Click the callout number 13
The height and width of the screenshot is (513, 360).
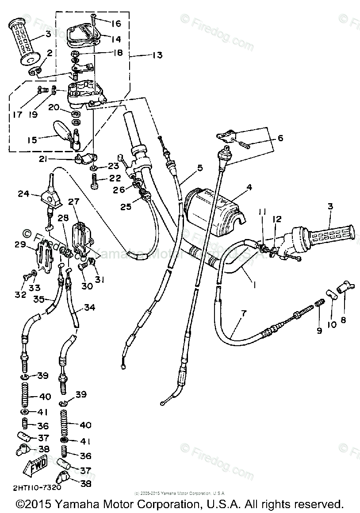coord(157,55)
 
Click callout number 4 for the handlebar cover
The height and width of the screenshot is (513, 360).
coord(249,187)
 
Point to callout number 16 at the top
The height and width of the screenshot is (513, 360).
coord(116,23)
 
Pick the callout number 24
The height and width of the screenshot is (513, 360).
coord(23,193)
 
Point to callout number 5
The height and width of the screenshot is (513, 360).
coord(200,168)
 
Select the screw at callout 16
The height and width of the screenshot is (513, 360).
coord(94,19)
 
